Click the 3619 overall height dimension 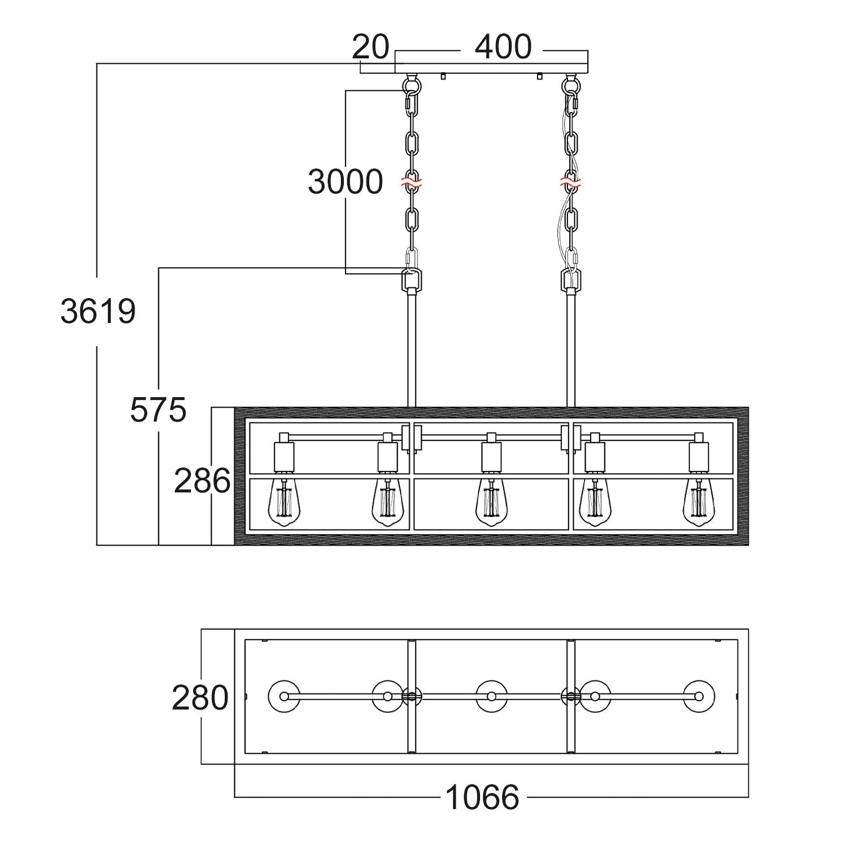click(98, 312)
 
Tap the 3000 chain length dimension click(346, 182)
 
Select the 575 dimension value click(158, 410)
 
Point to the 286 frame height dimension click(202, 481)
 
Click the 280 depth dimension click(200, 698)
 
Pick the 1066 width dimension click(483, 797)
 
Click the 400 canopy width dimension click(503, 47)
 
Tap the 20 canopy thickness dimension click(371, 47)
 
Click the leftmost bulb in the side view click(284, 503)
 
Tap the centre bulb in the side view click(491, 503)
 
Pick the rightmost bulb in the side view click(698, 503)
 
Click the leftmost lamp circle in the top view click(268, 696)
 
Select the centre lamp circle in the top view click(476, 696)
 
